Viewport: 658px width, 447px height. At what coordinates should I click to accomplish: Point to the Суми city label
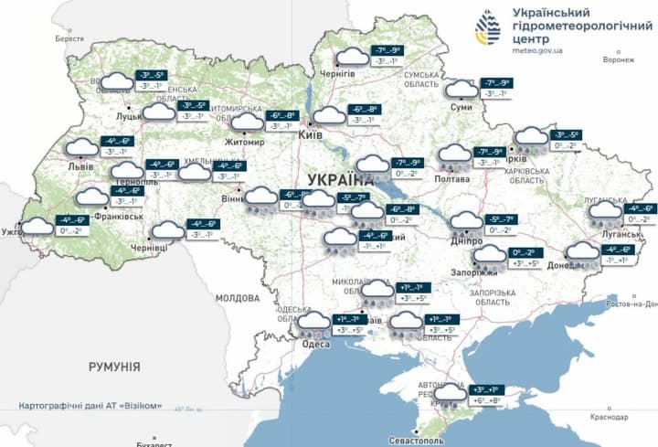pyautogui.click(x=462, y=108)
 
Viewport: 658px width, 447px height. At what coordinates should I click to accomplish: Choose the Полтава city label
pyautogui.click(x=453, y=180)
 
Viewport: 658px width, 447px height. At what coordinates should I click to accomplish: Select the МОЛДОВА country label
pyautogui.click(x=238, y=298)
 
